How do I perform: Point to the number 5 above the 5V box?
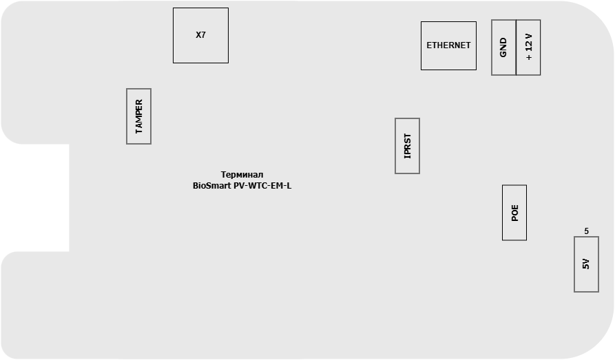(x=586, y=231)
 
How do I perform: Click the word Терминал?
(x=242, y=175)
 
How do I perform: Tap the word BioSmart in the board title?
(x=212, y=185)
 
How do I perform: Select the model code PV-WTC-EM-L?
(x=262, y=185)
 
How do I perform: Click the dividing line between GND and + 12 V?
(x=516, y=47)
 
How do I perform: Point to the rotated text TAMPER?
(x=139, y=116)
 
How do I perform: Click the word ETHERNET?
(x=448, y=45)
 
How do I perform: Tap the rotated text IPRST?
(x=408, y=146)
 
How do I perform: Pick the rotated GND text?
(x=503, y=47)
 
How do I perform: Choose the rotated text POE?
(x=514, y=213)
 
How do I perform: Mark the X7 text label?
(x=200, y=35)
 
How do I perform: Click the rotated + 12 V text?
(x=529, y=47)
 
